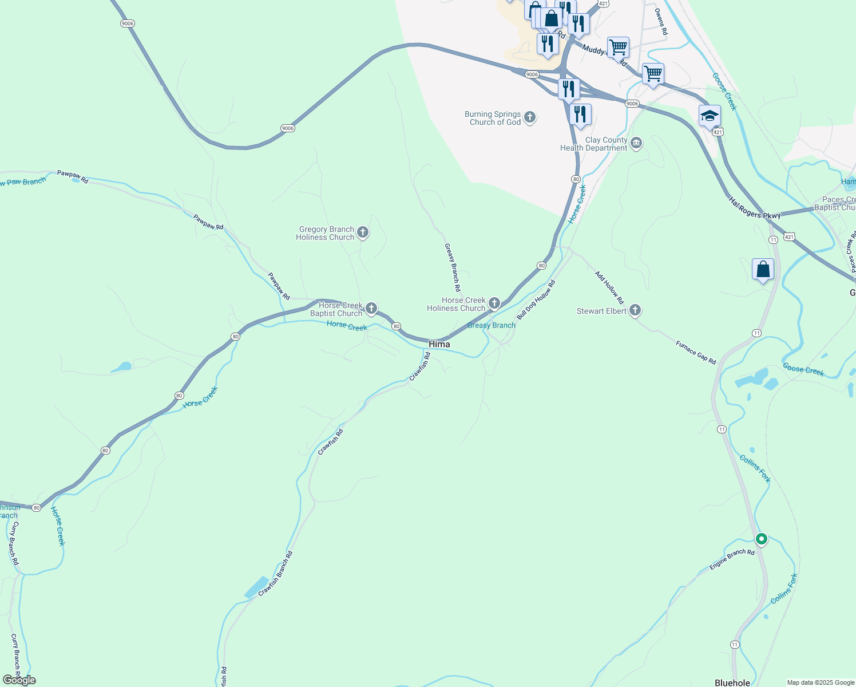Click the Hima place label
[439, 344]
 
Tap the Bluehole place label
[732, 682]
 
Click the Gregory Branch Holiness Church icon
[362, 232]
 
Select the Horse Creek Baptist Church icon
[371, 309]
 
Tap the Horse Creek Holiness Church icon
[494, 303]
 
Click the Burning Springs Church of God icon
[530, 118]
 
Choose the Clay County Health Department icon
[636, 143]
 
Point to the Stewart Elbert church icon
[635, 310]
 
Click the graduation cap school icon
[710, 116]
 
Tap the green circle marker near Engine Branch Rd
[761, 539]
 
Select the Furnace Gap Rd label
[696, 353]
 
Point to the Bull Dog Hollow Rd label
[536, 300]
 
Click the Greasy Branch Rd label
[453, 267]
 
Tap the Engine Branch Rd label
[732, 559]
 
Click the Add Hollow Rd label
[609, 288]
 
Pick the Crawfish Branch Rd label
[276, 574]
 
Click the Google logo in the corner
[19, 680]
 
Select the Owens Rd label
[661, 22]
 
